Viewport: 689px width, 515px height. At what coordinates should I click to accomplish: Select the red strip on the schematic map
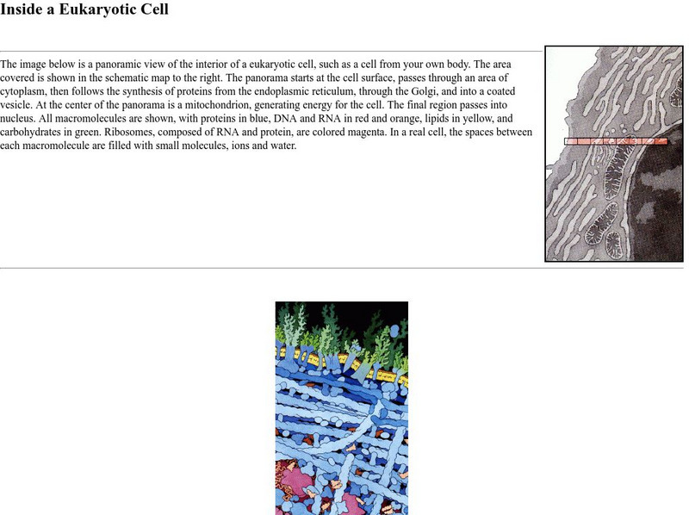click(x=616, y=141)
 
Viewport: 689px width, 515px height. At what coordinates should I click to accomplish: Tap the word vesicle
click(x=15, y=105)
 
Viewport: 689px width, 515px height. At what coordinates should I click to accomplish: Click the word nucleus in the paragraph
click(x=16, y=119)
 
